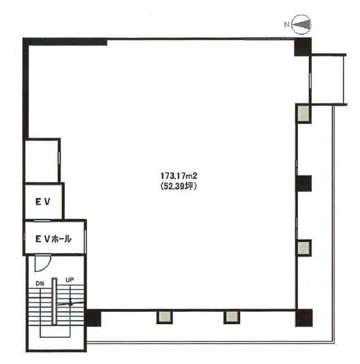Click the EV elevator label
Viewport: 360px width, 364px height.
[x=43, y=202]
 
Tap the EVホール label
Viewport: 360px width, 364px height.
[x=53, y=239]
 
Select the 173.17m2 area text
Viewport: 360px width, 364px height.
[x=179, y=175]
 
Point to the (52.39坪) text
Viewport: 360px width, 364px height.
[x=178, y=186]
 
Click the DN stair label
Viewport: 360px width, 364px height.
[x=40, y=284]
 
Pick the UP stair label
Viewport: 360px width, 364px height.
[x=70, y=280]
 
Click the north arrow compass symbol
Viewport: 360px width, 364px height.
[x=302, y=24]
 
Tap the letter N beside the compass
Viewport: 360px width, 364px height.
[x=287, y=24]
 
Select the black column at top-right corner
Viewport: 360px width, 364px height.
[x=303, y=47]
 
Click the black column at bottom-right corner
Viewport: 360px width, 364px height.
[x=304, y=317]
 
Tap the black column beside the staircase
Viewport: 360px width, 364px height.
[x=93, y=317]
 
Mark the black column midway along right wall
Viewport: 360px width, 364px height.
[x=304, y=184]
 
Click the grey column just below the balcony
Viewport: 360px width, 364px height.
[x=303, y=113]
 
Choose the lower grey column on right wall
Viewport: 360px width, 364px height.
[x=303, y=248]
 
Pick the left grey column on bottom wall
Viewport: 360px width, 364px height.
[x=165, y=317]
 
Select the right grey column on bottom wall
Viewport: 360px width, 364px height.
[x=232, y=317]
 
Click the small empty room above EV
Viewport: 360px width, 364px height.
[x=42, y=161]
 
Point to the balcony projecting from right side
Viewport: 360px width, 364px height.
[x=328, y=80]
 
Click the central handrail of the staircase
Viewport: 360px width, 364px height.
[x=54, y=301]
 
